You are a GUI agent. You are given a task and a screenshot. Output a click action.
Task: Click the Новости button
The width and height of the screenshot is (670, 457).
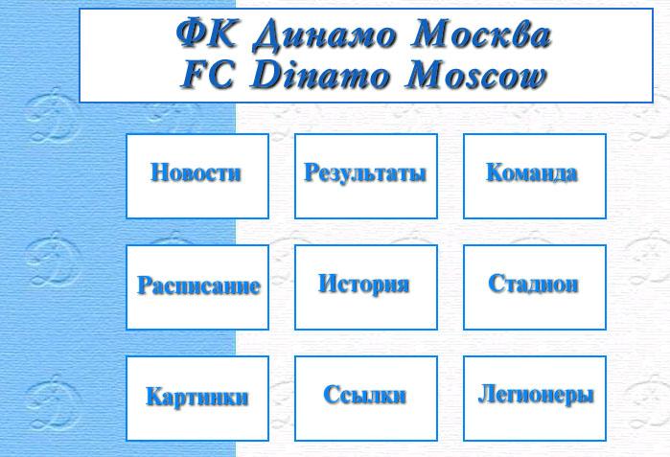(x=197, y=176)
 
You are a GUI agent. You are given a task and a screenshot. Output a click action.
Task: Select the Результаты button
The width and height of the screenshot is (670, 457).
(x=366, y=176)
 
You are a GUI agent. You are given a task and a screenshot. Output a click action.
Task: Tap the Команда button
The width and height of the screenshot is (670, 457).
(x=535, y=176)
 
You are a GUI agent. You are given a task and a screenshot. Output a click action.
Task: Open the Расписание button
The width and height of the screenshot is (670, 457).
(x=197, y=287)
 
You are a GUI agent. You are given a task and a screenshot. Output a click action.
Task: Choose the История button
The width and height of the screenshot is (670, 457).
(x=366, y=287)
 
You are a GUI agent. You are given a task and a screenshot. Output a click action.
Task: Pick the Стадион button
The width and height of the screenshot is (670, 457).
(x=535, y=287)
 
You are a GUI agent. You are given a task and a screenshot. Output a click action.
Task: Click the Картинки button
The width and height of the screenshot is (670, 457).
(x=197, y=398)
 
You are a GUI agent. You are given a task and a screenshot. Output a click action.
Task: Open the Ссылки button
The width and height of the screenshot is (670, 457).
(x=366, y=398)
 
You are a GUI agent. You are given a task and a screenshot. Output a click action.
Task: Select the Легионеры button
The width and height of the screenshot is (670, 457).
(x=535, y=398)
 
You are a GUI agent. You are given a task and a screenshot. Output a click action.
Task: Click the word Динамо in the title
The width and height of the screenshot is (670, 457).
(x=324, y=35)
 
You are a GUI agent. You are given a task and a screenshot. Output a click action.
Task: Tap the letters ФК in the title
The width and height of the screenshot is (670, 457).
(x=206, y=33)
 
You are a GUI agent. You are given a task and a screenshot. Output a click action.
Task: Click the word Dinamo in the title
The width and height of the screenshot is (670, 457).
(x=320, y=75)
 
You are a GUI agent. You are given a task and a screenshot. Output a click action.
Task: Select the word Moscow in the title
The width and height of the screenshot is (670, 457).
(x=475, y=75)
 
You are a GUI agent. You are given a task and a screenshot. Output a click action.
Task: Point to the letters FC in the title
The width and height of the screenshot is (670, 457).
(x=208, y=75)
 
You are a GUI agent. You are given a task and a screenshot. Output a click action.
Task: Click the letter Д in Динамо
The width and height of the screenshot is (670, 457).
(x=268, y=35)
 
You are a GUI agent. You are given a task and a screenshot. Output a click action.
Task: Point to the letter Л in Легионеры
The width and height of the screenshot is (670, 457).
(x=487, y=394)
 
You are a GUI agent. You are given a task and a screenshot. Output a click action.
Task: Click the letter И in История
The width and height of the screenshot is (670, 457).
(x=327, y=283)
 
